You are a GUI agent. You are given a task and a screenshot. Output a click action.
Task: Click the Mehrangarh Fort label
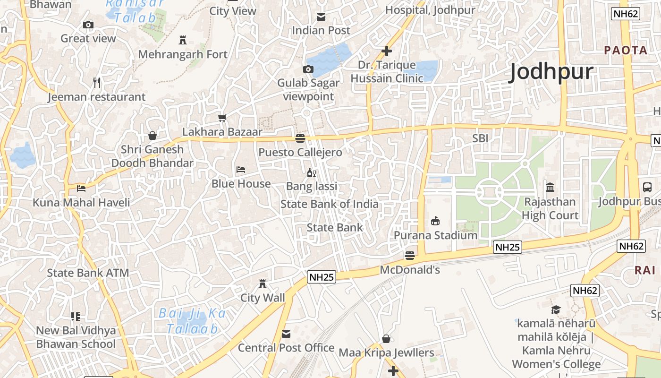coord(183,54)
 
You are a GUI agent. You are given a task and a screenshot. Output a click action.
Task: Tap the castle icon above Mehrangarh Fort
coord(183,40)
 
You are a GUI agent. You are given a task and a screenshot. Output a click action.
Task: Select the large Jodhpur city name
coord(551,72)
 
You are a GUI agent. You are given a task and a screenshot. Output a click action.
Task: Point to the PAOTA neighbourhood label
coord(626,50)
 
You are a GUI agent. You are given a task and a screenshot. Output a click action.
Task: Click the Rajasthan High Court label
coord(550,208)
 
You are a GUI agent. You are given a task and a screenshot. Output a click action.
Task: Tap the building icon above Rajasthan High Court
coord(550,188)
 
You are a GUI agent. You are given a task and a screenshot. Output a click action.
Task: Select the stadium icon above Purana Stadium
coord(435,221)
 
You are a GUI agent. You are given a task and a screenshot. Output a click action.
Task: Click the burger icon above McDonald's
coord(410,256)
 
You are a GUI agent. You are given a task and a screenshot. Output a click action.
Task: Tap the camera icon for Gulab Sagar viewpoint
coord(308,69)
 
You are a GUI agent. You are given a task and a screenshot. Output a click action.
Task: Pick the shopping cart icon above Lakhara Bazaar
coord(222,118)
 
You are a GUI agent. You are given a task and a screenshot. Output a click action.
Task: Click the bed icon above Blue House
coord(241,169)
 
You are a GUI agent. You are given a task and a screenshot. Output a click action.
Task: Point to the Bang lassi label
coord(312,186)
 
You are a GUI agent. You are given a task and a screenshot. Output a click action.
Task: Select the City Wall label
coord(263,298)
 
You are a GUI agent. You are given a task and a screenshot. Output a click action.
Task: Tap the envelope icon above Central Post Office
coord(286,334)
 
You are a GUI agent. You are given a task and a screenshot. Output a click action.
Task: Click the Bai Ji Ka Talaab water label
coord(192,321)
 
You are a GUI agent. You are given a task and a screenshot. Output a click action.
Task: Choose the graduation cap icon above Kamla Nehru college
coord(556,309)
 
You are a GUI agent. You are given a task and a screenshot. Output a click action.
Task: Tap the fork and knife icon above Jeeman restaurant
coord(97,83)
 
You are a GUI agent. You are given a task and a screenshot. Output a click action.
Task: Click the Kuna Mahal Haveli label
coord(81,203)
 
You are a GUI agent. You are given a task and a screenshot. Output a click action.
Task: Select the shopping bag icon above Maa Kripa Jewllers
coord(386,339)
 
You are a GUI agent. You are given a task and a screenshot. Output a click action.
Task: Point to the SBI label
coord(480,138)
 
